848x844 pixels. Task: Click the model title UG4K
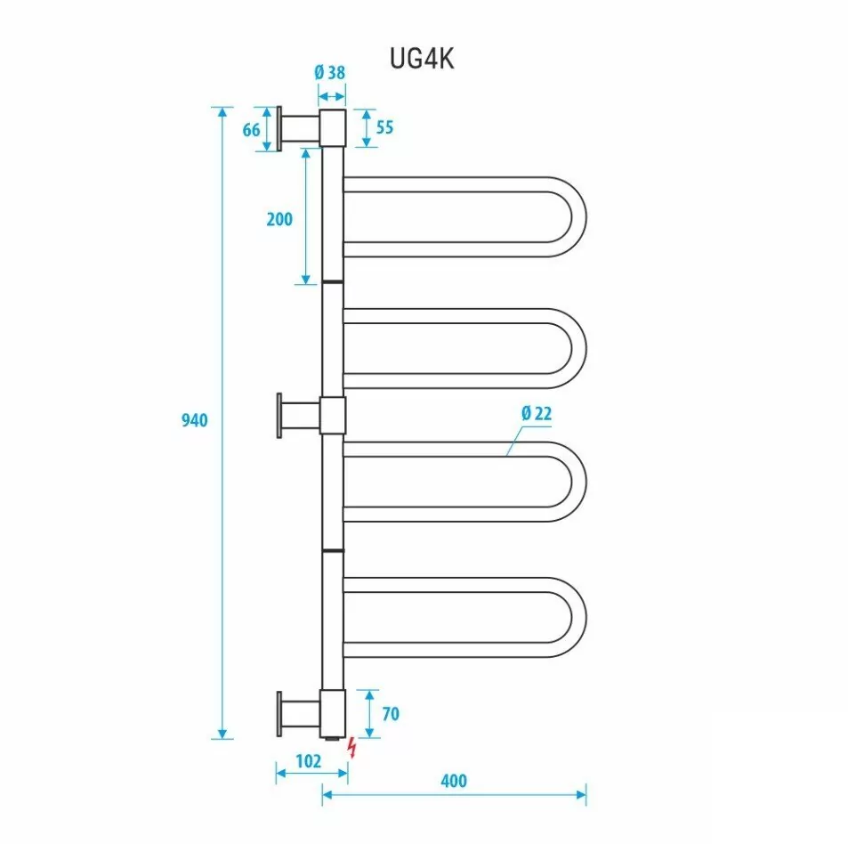click(423, 58)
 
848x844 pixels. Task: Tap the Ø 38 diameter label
click(330, 74)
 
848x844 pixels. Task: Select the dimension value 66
click(251, 130)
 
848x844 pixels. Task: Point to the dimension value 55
click(384, 127)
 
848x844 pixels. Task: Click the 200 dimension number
click(279, 218)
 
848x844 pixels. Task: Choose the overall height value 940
click(194, 420)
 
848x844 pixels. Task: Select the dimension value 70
click(389, 713)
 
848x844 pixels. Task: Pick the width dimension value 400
click(453, 782)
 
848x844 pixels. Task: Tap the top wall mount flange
click(280, 129)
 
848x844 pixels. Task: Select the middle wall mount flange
click(280, 416)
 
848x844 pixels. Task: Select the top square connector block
click(333, 128)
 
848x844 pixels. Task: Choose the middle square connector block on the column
click(333, 416)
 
